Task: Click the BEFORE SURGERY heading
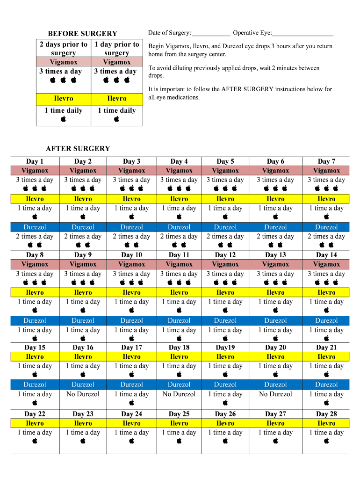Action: pyautogui.click(x=82, y=34)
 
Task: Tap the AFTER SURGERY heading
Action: pyautogui.click(x=78, y=149)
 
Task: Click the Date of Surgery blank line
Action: pyautogui.click(x=211, y=34)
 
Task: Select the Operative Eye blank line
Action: pyautogui.click(x=302, y=34)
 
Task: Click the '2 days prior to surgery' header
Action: pyautogui.click(x=63, y=49)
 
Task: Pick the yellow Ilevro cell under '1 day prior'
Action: pyautogui.click(x=116, y=99)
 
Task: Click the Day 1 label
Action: pyautogui.click(x=35, y=161)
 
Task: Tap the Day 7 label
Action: pyautogui.click(x=326, y=161)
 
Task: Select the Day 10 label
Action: pyautogui.click(x=131, y=255)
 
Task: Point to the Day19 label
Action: pyautogui.click(x=225, y=348)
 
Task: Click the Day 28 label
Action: pyautogui.click(x=326, y=414)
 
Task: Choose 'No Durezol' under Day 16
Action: pyautogui.click(x=83, y=394)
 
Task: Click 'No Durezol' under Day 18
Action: pyautogui.click(x=179, y=394)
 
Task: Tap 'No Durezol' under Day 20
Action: pyautogui.click(x=275, y=394)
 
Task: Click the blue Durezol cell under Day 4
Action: pyautogui.click(x=179, y=227)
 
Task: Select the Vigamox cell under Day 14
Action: pyautogui.click(x=326, y=264)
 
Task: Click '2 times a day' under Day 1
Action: pyautogui.click(x=35, y=236)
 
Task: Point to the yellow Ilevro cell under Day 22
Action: pyautogui.click(x=35, y=423)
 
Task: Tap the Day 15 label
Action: pyautogui.click(x=35, y=348)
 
